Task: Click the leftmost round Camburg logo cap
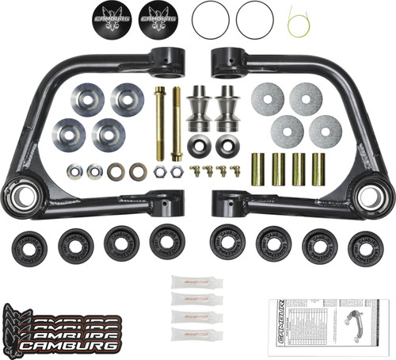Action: click(x=112, y=18)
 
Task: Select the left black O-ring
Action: click(x=210, y=18)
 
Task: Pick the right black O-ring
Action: click(x=254, y=18)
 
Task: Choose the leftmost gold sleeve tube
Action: click(x=258, y=169)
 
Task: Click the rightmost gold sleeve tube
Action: click(x=318, y=169)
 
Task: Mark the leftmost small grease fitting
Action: click(x=195, y=170)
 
